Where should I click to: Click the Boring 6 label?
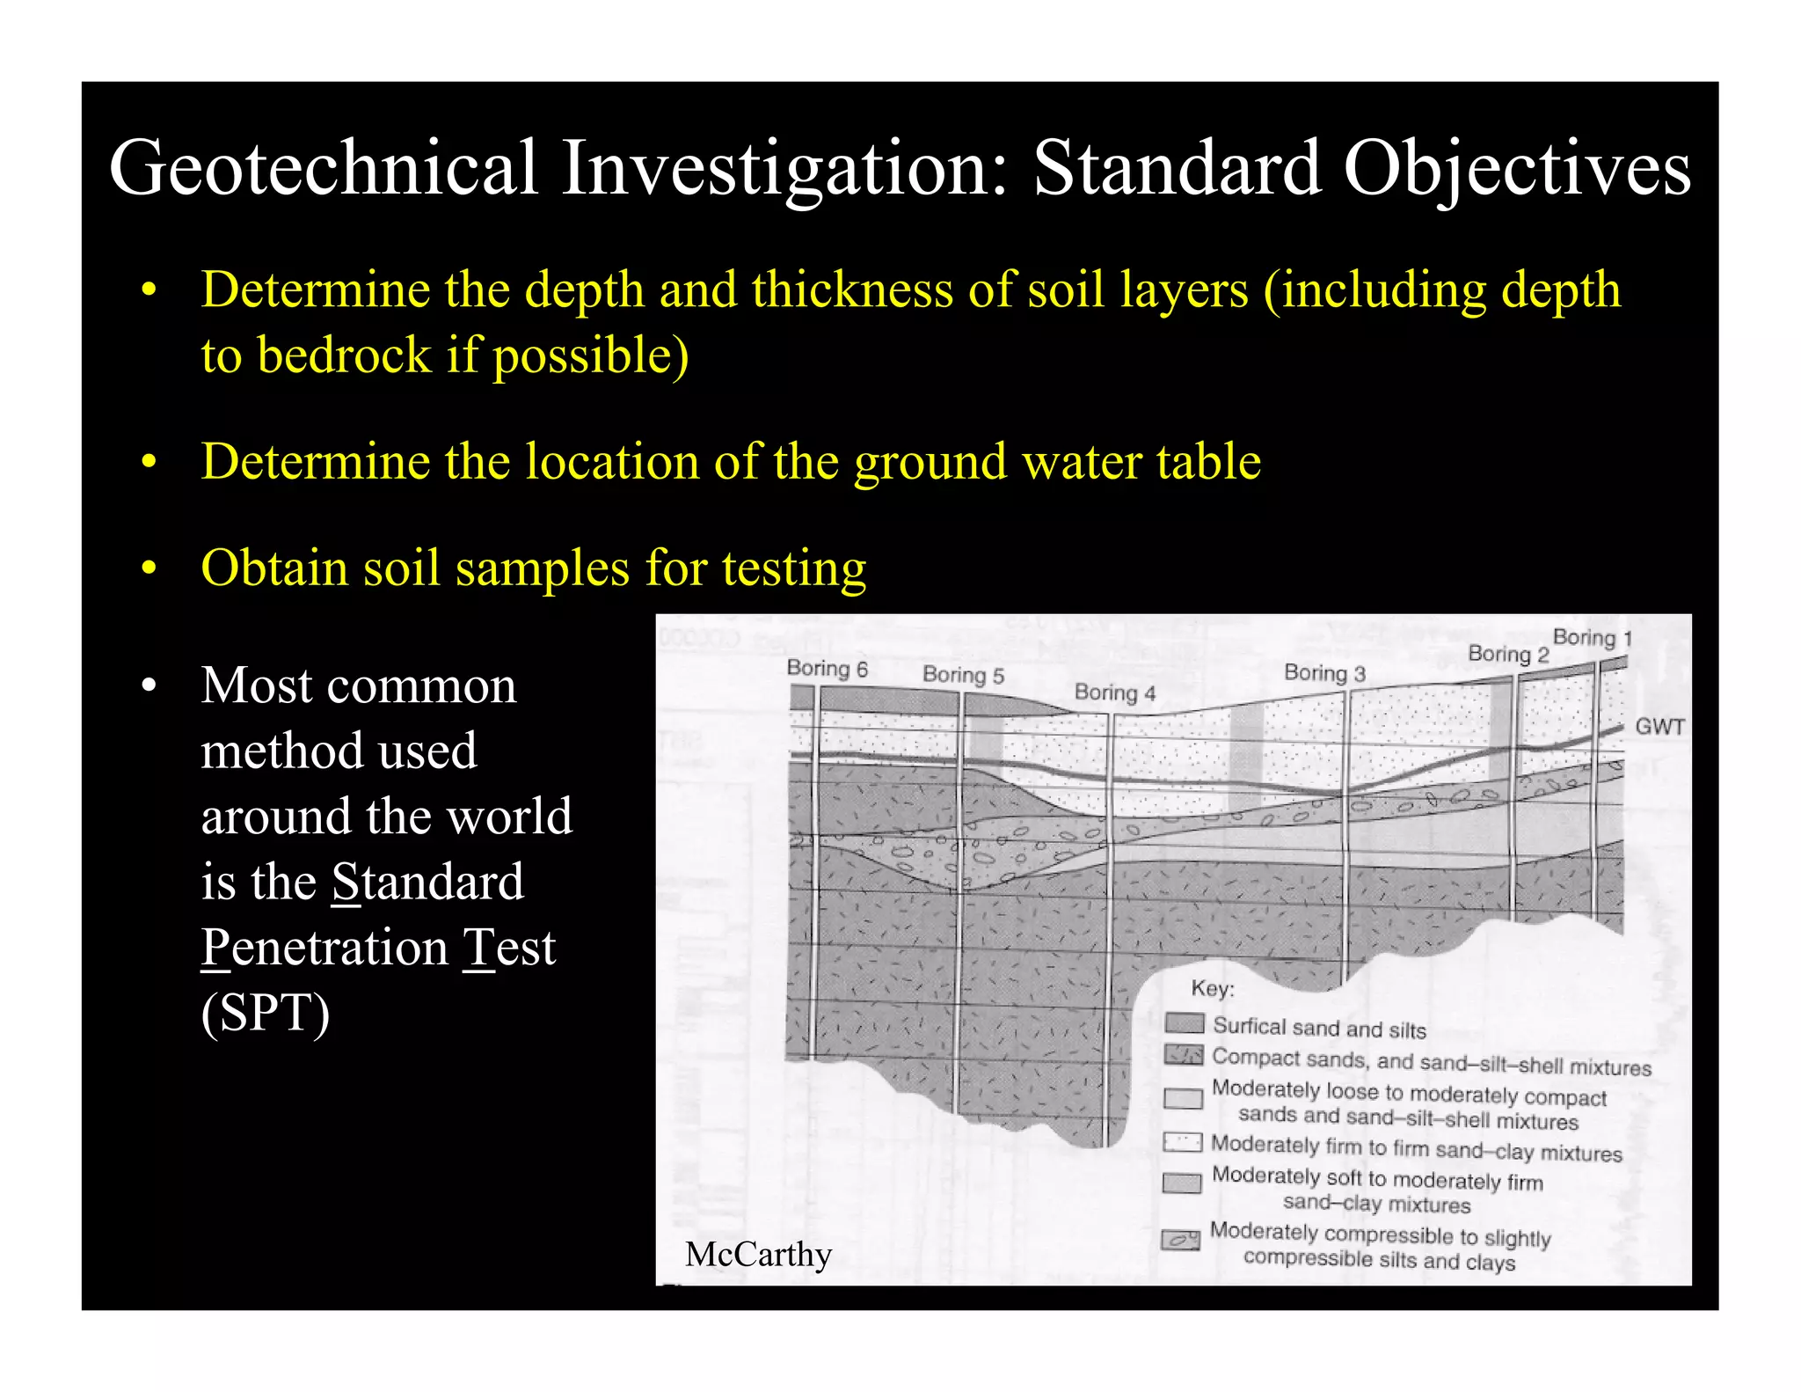pos(827,669)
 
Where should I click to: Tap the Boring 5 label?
pos(963,675)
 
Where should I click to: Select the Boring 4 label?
pos(1114,692)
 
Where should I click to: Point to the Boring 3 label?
pos(1324,673)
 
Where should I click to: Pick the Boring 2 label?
pos(1508,654)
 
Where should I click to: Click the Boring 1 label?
pos(1592,637)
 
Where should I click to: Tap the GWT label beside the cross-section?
pos(1659,727)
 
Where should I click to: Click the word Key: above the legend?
pos(1213,988)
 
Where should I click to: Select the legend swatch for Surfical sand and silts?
pos(1184,1023)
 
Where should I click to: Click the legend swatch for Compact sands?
pos(1184,1054)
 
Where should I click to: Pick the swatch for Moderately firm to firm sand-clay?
pos(1182,1142)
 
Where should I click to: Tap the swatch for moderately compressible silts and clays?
pos(1180,1240)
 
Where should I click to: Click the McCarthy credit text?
pos(758,1254)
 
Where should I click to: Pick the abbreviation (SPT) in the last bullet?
pos(266,1012)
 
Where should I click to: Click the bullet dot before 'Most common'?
pos(149,685)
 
